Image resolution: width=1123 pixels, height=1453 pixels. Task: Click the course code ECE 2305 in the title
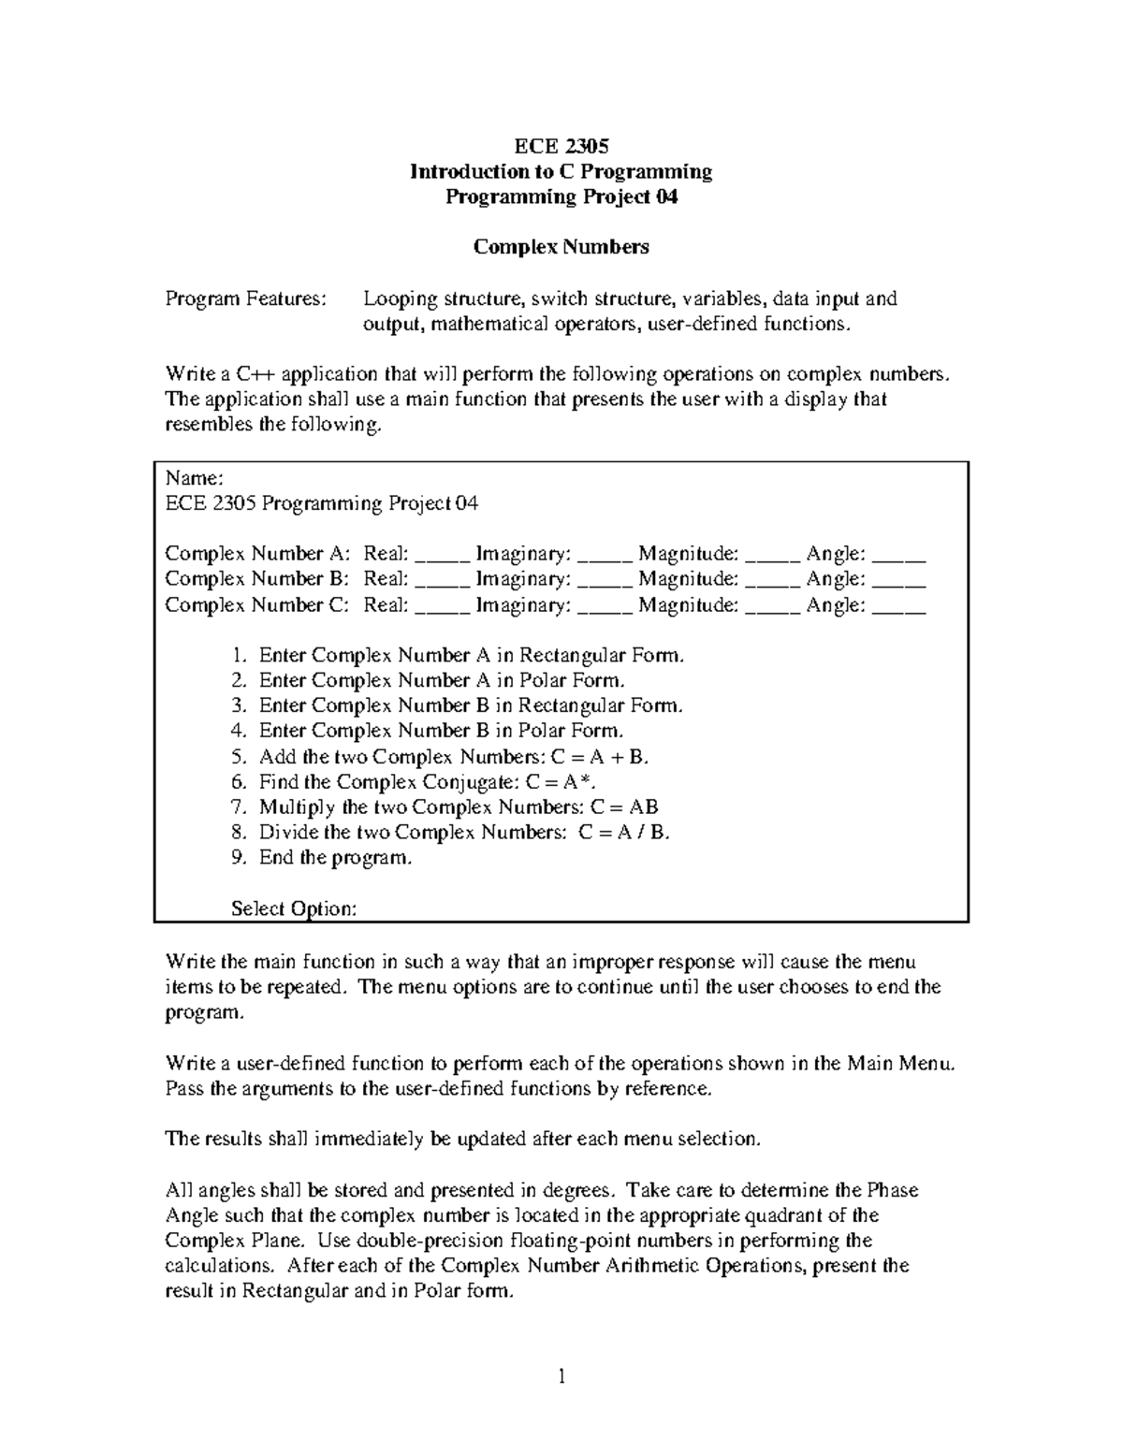[x=561, y=146]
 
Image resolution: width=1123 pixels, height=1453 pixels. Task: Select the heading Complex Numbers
[x=561, y=247]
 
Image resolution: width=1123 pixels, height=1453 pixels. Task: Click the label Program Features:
[x=246, y=299]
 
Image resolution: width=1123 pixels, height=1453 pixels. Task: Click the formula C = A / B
[x=624, y=832]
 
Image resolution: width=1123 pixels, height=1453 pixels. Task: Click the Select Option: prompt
[x=293, y=908]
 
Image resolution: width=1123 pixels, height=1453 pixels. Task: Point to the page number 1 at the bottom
[x=561, y=1375]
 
